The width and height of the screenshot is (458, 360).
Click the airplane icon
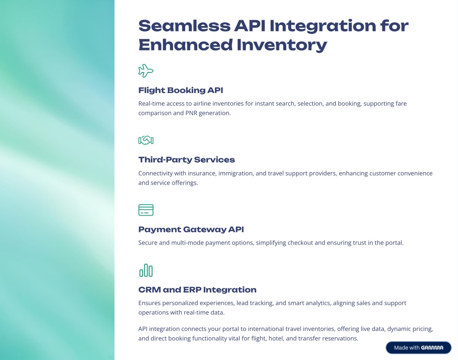[146, 71]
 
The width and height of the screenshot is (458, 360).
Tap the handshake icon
[146, 140]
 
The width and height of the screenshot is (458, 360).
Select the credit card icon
[146, 210]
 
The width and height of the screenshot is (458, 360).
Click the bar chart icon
[146, 271]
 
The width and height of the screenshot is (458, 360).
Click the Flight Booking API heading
[181, 90]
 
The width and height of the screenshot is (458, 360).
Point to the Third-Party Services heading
[187, 160]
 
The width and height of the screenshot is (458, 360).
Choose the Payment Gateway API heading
[191, 229]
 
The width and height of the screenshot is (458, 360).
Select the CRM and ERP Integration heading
[197, 290]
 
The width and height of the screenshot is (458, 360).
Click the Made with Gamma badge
[419, 348]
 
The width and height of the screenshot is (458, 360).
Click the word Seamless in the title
[184, 25]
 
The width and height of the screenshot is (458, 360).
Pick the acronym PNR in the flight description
[191, 113]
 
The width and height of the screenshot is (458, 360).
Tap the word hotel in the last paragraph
[276, 339]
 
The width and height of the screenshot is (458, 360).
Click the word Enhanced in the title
[186, 45]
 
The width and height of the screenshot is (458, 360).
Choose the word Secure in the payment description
[148, 243]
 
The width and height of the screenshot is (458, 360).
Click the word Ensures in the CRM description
[149, 303]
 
